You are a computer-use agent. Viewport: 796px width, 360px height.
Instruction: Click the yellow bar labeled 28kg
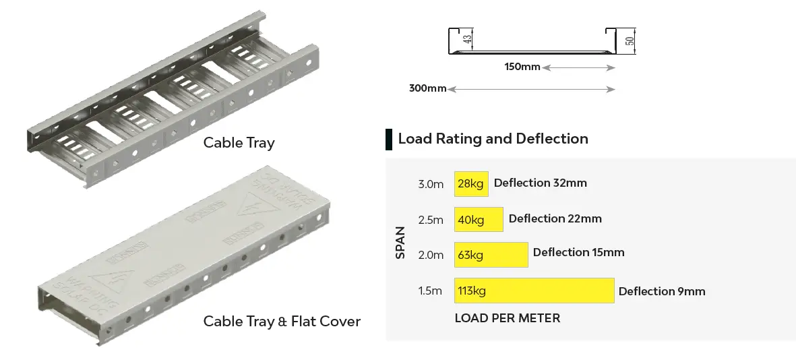pyautogui.click(x=471, y=183)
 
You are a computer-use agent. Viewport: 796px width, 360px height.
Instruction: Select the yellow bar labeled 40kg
pyautogui.click(x=479, y=219)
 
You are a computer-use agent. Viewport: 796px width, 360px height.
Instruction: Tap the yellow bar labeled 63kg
pyautogui.click(x=491, y=254)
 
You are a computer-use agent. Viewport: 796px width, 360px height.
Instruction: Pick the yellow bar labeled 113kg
pyautogui.click(x=534, y=291)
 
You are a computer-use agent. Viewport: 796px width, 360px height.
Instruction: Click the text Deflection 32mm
pyautogui.click(x=540, y=183)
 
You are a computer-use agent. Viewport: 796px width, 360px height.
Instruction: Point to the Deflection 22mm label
pyautogui.click(x=555, y=218)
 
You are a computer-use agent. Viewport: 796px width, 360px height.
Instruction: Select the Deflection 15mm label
pyautogui.click(x=578, y=252)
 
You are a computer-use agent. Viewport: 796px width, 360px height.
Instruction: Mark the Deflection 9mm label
pyautogui.click(x=661, y=291)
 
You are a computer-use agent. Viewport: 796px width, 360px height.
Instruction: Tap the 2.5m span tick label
pyautogui.click(x=431, y=220)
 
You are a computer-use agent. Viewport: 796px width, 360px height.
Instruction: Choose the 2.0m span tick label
pyautogui.click(x=431, y=255)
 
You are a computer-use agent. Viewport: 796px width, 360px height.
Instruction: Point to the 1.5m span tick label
pyautogui.click(x=430, y=291)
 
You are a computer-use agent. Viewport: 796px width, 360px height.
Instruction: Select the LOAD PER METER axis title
pyautogui.click(x=507, y=318)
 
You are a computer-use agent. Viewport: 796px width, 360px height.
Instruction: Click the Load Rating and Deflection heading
pyautogui.click(x=493, y=139)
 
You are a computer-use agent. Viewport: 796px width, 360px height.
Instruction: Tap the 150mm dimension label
pyautogui.click(x=522, y=67)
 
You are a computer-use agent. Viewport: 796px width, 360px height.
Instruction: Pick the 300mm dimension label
pyautogui.click(x=427, y=89)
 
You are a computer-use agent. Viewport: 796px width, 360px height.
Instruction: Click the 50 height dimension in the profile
pyautogui.click(x=630, y=40)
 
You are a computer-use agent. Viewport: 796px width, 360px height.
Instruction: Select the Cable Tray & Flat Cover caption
pyautogui.click(x=282, y=322)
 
